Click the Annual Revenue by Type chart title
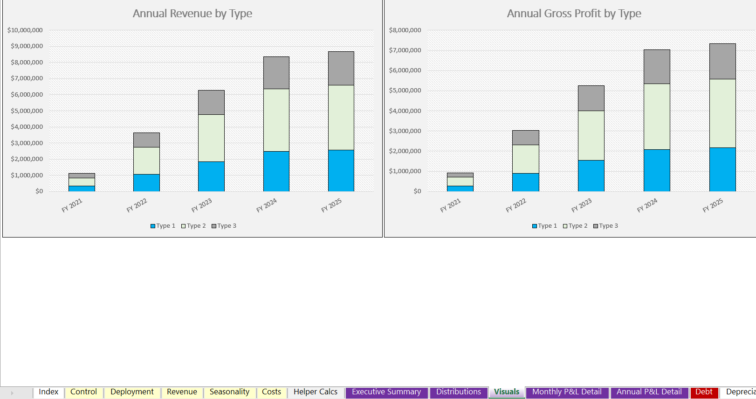click(x=192, y=14)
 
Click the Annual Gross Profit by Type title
click(x=574, y=14)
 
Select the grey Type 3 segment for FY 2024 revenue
click(x=276, y=73)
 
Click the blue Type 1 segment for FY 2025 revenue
click(x=341, y=170)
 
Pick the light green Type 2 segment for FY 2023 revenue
click(x=211, y=138)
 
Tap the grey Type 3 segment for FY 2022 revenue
click(x=146, y=140)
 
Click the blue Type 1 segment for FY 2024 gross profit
click(x=657, y=170)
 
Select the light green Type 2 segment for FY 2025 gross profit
click(x=722, y=113)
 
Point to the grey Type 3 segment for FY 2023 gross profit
click(x=591, y=98)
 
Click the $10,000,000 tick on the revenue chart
click(x=25, y=30)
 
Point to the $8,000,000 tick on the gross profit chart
click(x=405, y=30)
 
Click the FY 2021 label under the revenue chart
click(x=72, y=205)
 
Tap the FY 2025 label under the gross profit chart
click(x=713, y=205)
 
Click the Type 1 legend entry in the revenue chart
click(x=163, y=226)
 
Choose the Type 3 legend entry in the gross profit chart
click(x=605, y=226)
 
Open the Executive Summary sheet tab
click(x=386, y=392)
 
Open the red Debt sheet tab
click(x=703, y=392)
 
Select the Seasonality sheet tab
click(x=229, y=392)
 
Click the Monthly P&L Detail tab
click(x=567, y=392)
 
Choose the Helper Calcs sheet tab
click(x=315, y=392)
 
